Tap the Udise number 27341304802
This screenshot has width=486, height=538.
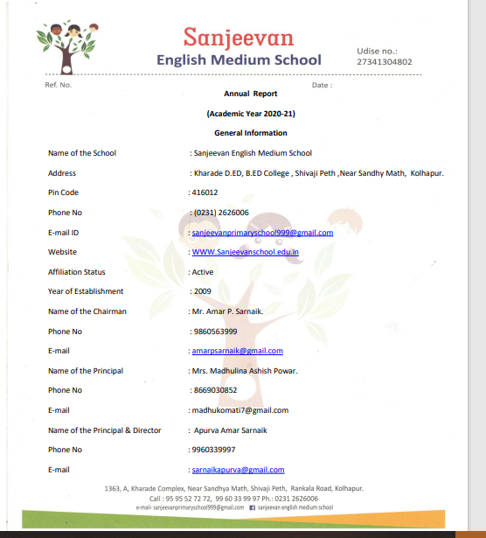(385, 62)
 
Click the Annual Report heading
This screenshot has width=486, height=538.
(245, 94)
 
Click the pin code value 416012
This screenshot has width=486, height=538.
(205, 192)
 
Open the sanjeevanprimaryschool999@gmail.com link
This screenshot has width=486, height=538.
(262, 233)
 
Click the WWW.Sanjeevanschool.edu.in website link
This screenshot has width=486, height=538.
(246, 252)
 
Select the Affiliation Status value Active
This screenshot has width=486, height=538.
(202, 272)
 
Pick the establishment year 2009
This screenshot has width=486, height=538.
(201, 291)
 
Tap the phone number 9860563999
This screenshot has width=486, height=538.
(214, 332)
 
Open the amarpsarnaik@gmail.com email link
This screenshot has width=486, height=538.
(238, 351)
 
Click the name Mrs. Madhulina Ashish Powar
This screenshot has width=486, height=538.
(244, 371)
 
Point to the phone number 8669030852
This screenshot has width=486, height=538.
(214, 390)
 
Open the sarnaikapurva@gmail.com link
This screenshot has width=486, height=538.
(239, 470)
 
